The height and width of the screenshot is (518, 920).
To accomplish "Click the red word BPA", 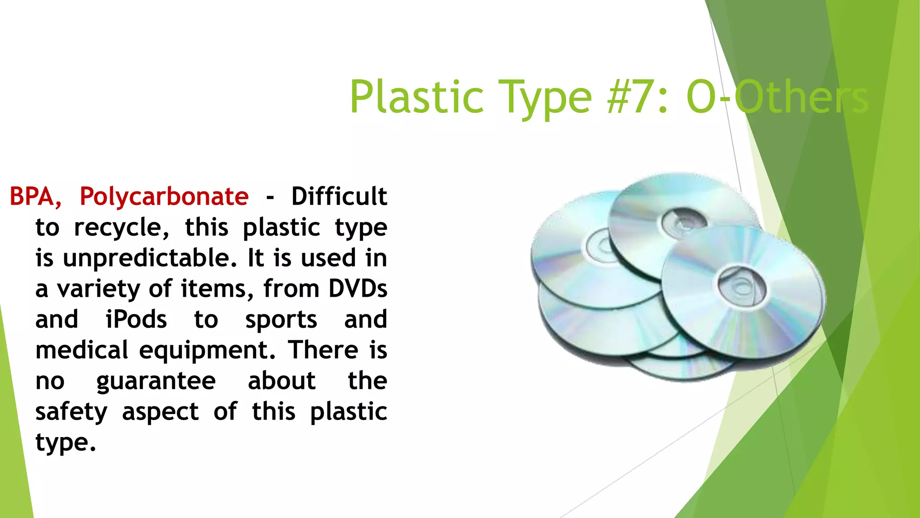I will coord(35,196).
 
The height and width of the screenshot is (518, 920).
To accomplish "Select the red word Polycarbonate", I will coord(164,196).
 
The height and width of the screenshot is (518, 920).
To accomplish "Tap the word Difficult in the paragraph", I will coord(339,196).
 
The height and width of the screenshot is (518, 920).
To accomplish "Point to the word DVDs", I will coord(358,289).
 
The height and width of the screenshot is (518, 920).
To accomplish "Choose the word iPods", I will coord(136,320).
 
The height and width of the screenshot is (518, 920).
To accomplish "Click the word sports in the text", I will coord(281,320).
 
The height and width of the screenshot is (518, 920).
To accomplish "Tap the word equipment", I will coord(207,350).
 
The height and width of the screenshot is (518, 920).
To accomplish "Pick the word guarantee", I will coord(156,381).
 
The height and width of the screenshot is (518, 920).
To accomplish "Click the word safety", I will coord(71,412).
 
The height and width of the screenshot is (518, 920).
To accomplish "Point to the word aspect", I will coord(160,412).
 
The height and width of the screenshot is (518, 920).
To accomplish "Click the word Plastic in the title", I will coord(416,97).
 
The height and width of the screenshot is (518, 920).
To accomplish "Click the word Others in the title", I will coord(802,97).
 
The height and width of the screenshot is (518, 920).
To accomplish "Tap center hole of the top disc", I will coord(684,221).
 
